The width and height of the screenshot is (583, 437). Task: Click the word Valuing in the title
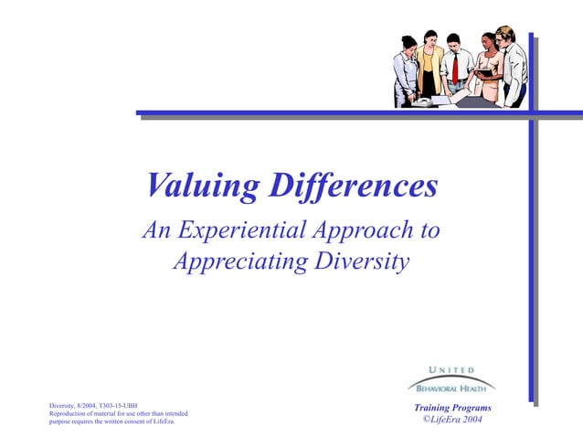coord(202,187)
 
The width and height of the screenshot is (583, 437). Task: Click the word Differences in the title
coord(352,186)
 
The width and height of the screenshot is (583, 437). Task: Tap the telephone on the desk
coord(422,102)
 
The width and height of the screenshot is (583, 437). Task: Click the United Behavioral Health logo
coord(451,378)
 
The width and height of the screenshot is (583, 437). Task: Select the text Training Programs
coord(452,408)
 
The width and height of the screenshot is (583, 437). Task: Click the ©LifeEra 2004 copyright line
coord(452,420)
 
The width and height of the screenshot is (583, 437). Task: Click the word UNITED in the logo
coord(451,369)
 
